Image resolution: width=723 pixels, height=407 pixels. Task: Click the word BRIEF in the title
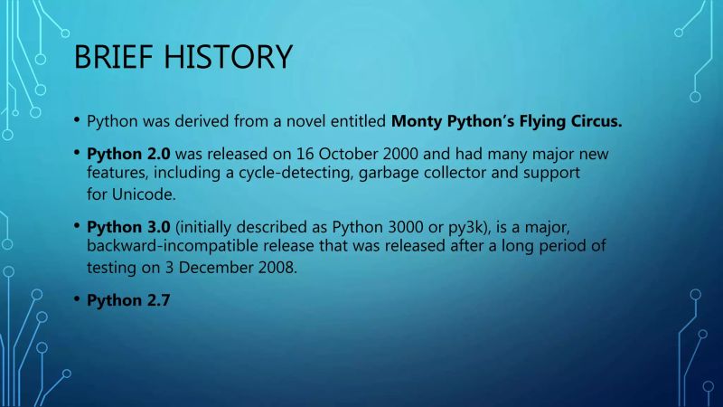[x=114, y=58]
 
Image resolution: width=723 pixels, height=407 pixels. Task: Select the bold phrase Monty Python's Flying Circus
[x=507, y=121]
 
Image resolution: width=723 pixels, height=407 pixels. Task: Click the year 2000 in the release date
[x=378, y=154]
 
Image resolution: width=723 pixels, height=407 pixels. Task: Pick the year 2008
[x=270, y=269]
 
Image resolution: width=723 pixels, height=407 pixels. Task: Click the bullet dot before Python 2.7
[x=77, y=300]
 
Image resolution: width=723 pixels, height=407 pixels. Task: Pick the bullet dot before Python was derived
[x=77, y=120]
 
